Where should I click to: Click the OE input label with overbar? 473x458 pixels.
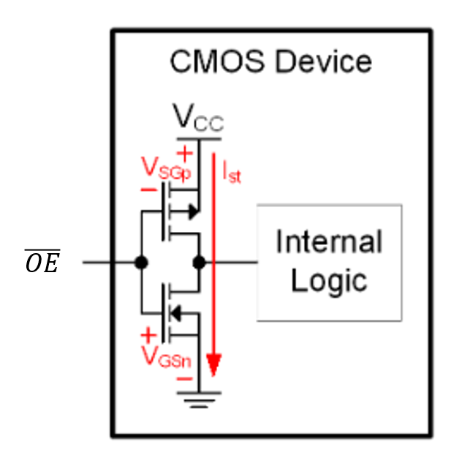pos(42,262)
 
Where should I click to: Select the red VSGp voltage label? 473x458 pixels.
pos(167,170)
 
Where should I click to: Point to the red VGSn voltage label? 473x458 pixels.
pos(166,358)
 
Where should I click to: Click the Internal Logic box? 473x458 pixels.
pos(328,263)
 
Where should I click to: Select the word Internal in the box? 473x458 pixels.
pos(328,242)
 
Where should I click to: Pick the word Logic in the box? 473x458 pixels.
pos(328,280)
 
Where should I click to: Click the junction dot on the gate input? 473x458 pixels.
pos(141,262)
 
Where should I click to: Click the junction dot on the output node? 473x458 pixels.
pos(198,262)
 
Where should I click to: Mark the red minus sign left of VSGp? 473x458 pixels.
pos(148,189)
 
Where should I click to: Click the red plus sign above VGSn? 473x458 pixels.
pos(148,336)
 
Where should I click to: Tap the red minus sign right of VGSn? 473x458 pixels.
pos(186,379)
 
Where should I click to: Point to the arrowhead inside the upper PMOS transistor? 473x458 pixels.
pos(192,211)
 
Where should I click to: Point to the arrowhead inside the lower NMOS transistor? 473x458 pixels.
pos(175,313)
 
